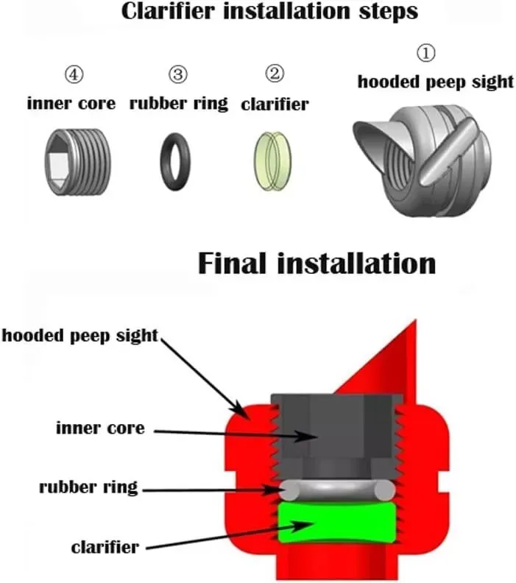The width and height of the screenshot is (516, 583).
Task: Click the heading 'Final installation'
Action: point(317,264)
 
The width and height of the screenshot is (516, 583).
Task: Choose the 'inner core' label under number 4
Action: point(71,103)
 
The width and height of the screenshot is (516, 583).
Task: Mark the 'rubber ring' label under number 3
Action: point(179,103)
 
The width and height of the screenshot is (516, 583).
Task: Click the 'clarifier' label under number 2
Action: point(275,105)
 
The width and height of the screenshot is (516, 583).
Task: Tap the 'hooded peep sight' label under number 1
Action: point(436,81)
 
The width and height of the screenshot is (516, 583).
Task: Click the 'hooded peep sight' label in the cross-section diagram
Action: point(80,336)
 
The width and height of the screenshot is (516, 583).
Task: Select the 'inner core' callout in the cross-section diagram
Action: point(100,427)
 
